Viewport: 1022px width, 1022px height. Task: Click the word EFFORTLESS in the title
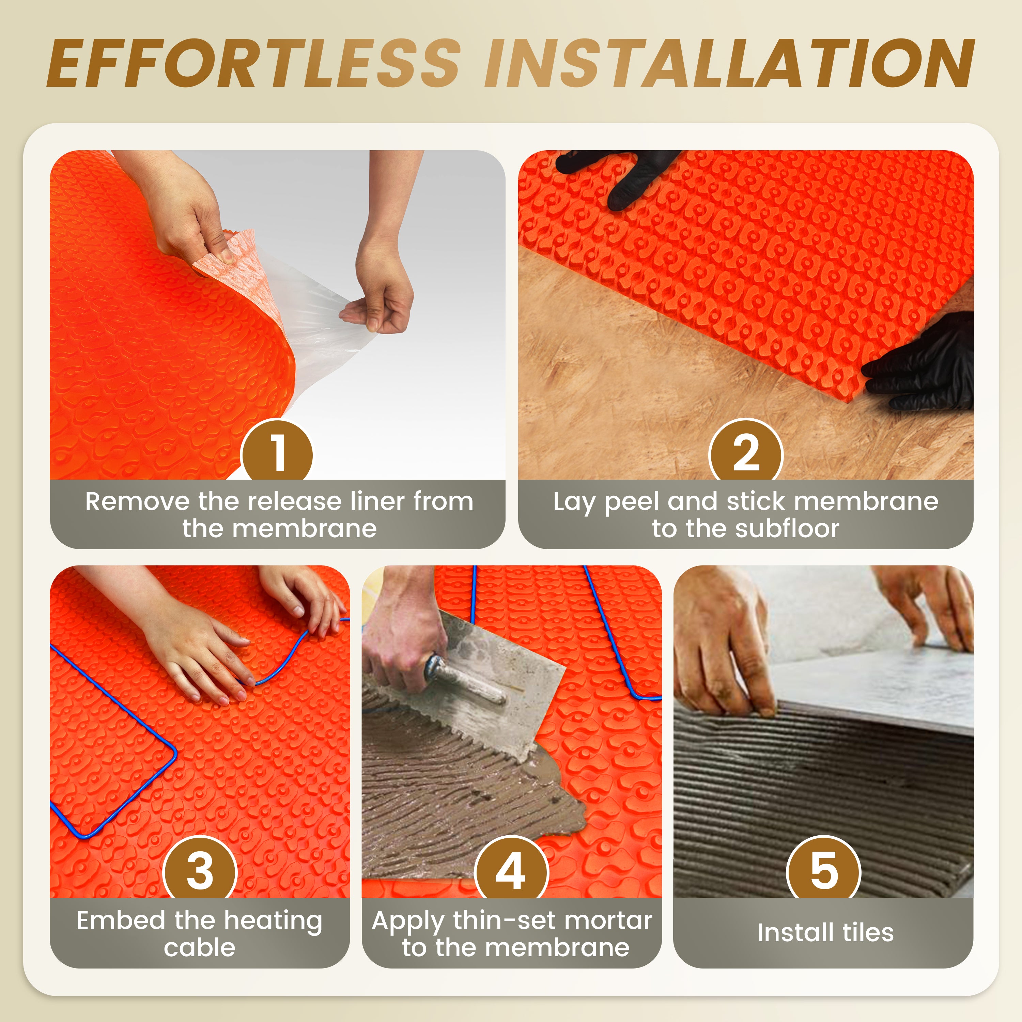[x=254, y=63]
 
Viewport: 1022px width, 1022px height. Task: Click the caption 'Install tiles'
[x=825, y=932]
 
